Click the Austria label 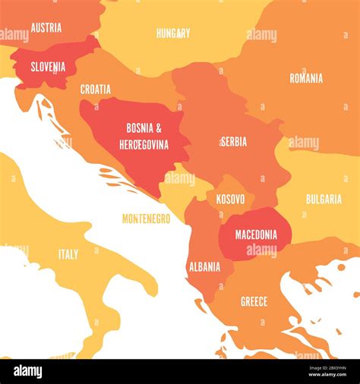click(46, 27)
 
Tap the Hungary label click(173, 33)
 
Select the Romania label click(306, 78)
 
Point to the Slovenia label click(48, 67)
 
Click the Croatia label click(96, 90)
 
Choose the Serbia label click(233, 142)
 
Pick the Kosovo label click(230, 199)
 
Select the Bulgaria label click(324, 199)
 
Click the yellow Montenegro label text click(147, 219)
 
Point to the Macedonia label click(256, 234)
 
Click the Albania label click(204, 266)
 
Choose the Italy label click(68, 254)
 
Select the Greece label click(254, 301)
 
